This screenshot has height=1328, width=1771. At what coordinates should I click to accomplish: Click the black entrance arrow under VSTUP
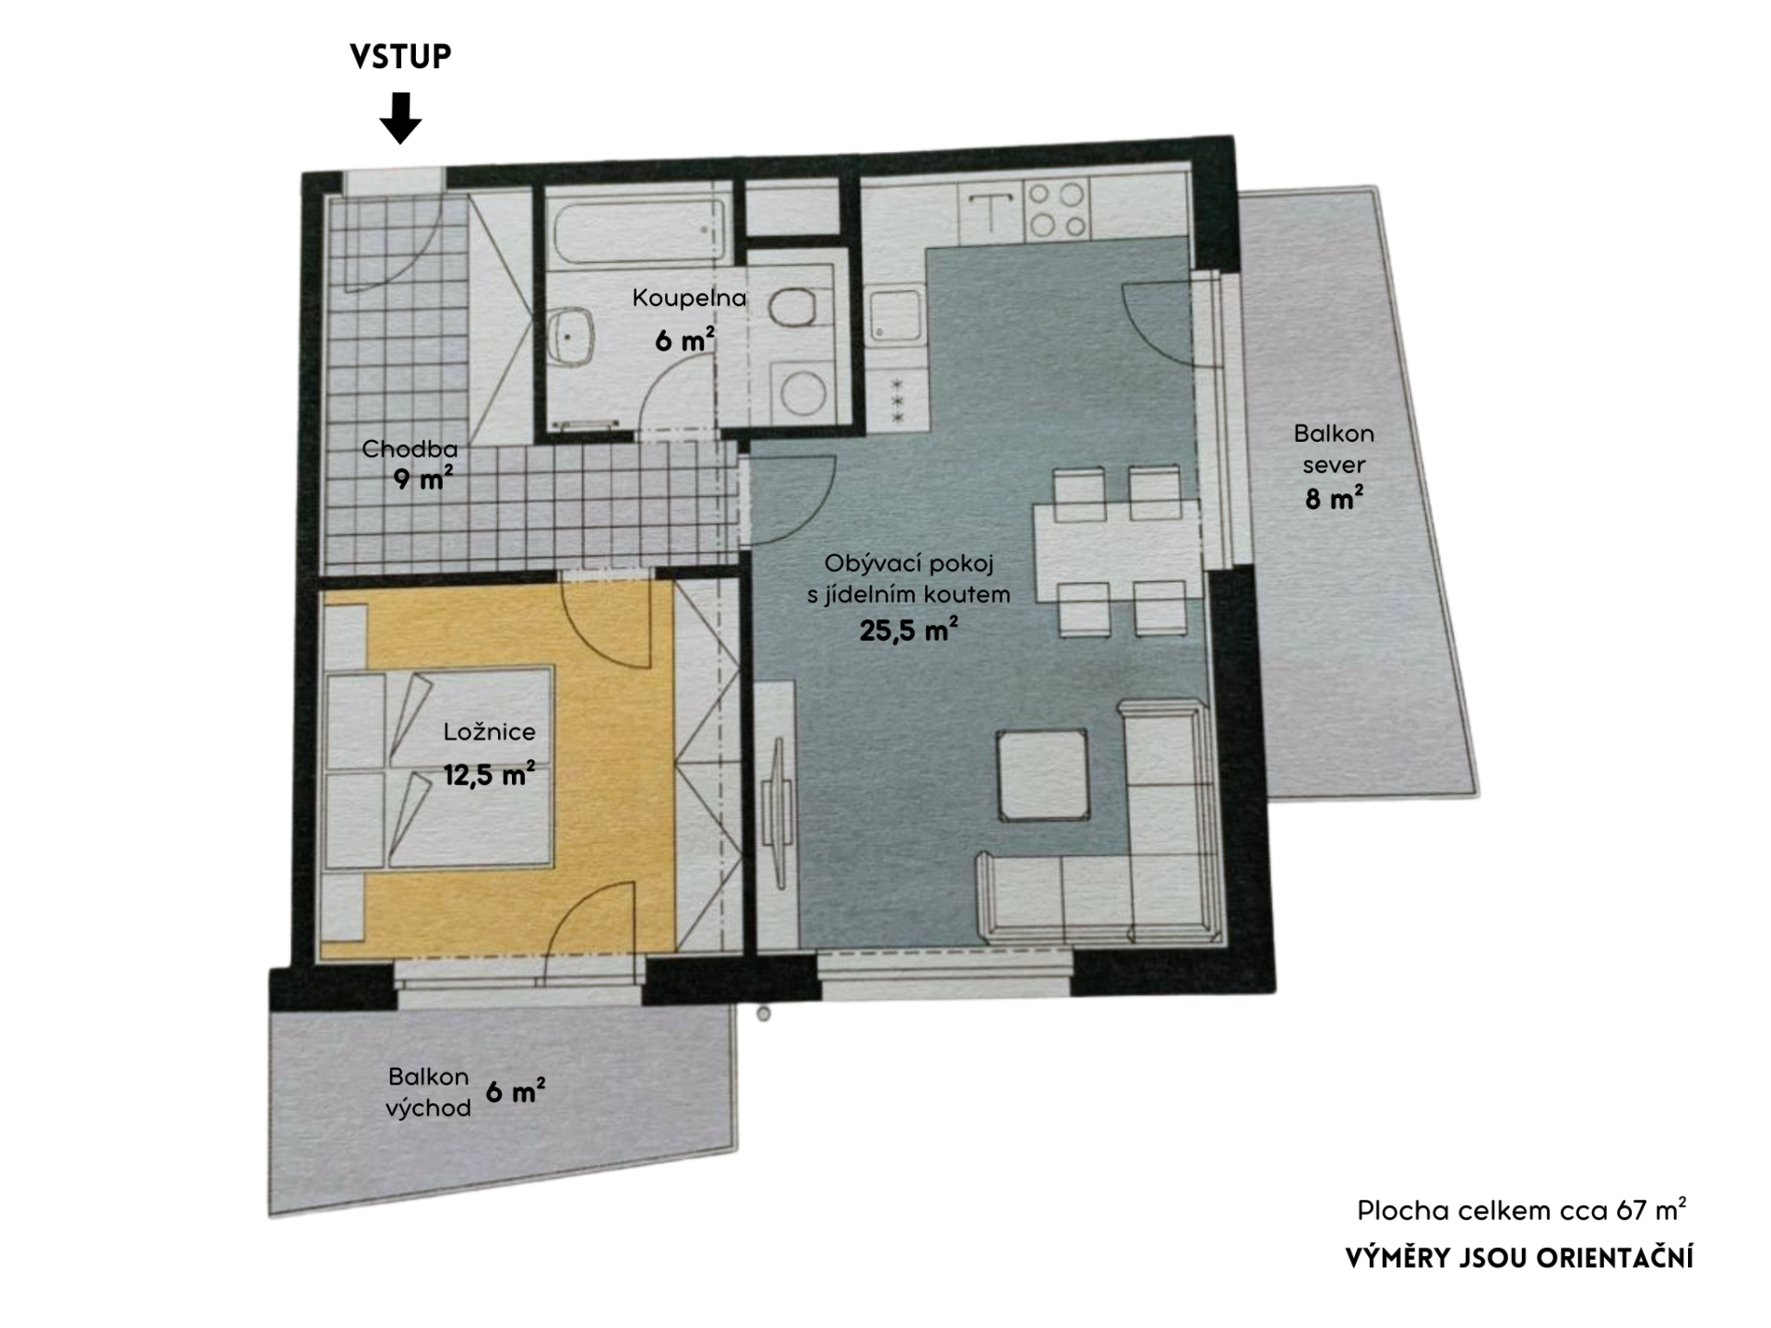[x=400, y=118]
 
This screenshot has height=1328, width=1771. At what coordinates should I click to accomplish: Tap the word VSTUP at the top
[x=400, y=56]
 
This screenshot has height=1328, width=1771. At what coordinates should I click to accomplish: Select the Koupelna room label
[x=689, y=298]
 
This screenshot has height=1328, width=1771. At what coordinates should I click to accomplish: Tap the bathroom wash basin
[x=572, y=338]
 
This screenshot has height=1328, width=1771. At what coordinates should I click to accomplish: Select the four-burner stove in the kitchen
[x=1057, y=210]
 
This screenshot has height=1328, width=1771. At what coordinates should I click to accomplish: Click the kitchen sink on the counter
[x=896, y=315]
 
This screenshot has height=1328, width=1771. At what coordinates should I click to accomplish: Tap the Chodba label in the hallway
[x=410, y=449]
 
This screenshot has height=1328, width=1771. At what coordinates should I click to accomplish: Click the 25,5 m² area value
[x=909, y=630]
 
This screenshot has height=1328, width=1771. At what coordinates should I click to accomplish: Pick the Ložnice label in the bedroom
[x=489, y=731]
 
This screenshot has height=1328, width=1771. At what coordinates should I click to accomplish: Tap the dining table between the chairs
[x=1116, y=551]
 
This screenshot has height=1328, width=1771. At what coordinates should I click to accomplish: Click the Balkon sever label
[x=1334, y=449]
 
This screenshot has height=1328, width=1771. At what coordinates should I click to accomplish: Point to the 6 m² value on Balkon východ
[x=515, y=1092]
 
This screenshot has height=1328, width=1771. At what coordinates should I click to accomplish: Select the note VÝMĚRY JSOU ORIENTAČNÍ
[x=1519, y=1258]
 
